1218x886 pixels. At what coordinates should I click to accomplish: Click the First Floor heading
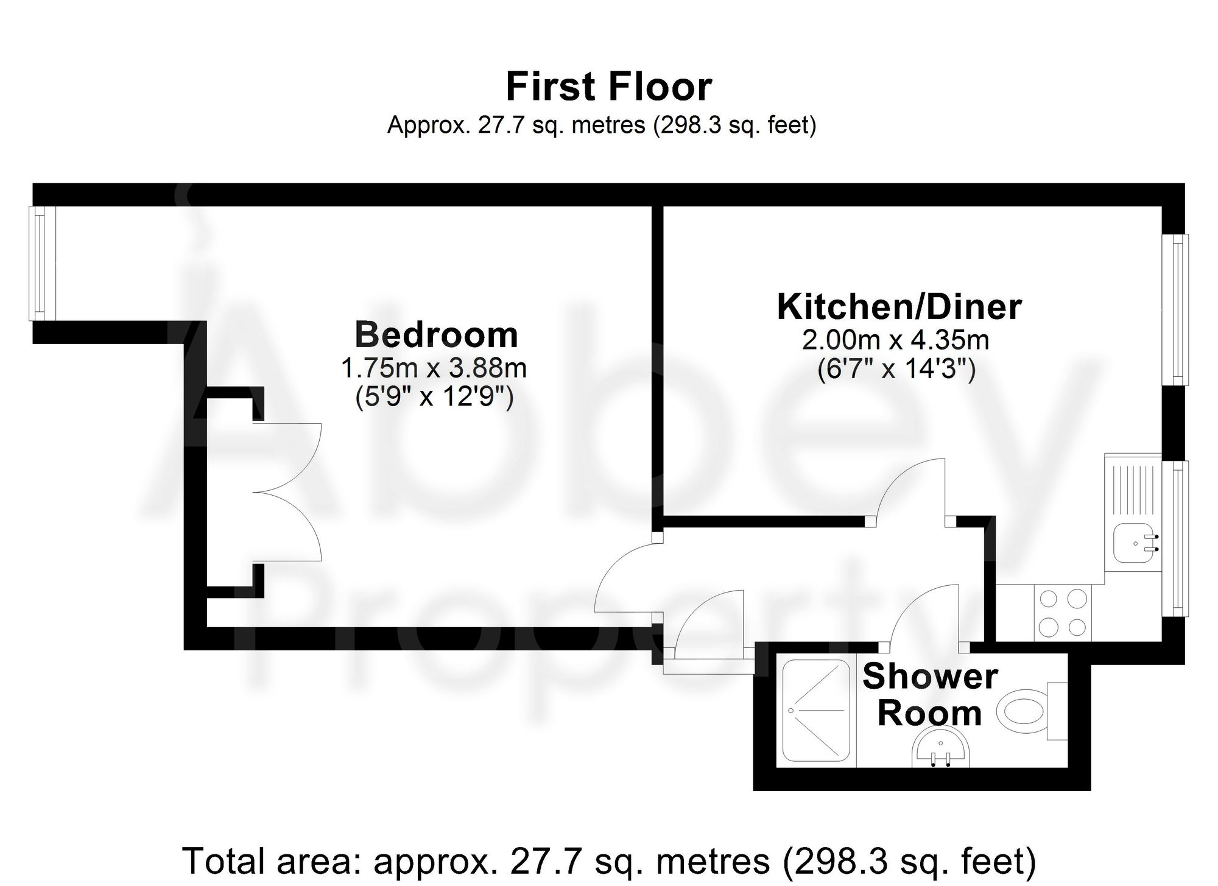(608, 87)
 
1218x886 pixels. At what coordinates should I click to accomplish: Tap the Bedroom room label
(436, 335)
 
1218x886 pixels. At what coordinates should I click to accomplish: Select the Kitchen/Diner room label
(899, 307)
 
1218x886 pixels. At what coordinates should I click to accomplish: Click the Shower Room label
(930, 694)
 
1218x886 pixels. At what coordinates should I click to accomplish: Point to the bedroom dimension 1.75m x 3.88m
(433, 368)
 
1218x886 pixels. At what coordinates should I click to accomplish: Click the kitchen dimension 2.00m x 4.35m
(895, 340)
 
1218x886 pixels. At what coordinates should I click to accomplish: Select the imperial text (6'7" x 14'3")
(896, 369)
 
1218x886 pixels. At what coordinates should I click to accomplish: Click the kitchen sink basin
(1135, 543)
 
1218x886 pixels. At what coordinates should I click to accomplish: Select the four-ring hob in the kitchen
(1063, 613)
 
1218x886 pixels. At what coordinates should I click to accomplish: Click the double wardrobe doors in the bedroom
(286, 492)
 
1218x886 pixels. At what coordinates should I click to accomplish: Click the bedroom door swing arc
(624, 578)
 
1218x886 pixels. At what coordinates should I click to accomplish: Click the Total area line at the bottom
(608, 860)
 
